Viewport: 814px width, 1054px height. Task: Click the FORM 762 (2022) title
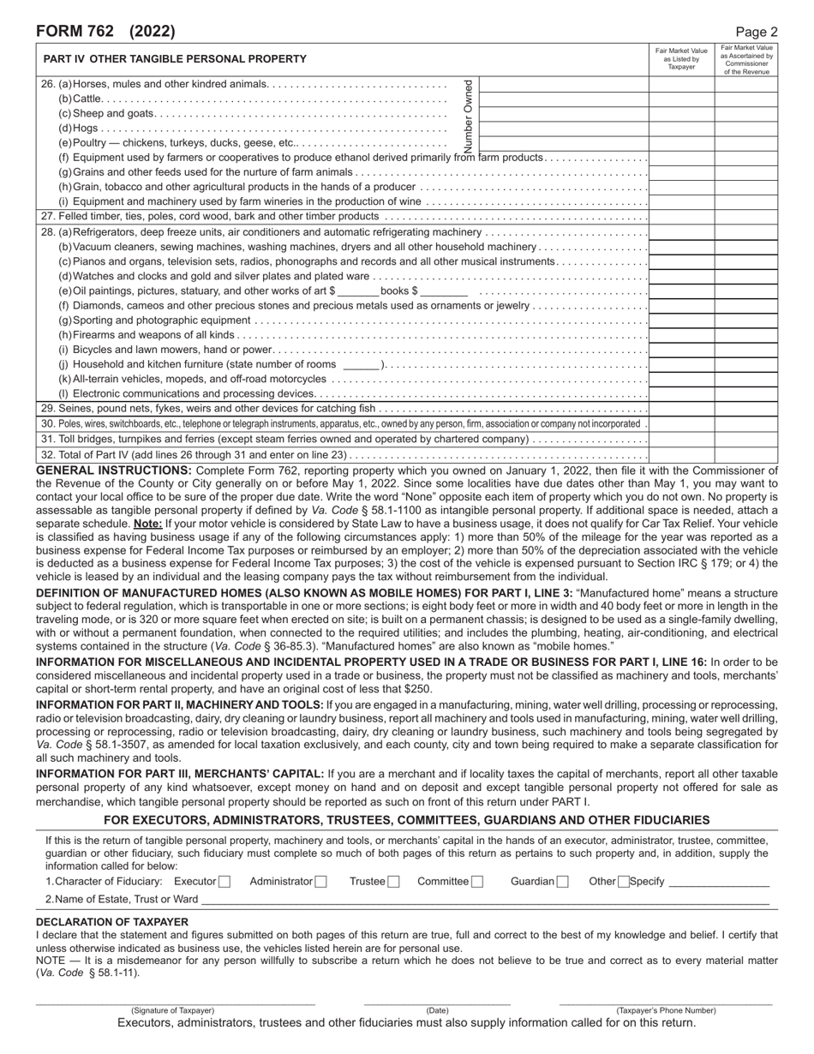click(105, 32)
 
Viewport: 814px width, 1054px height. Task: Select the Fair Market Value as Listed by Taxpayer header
click(681, 59)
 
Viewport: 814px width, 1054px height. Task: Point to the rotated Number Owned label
click(468, 115)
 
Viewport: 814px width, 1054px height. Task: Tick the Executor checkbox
click(224, 881)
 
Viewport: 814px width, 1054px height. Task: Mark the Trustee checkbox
click(393, 881)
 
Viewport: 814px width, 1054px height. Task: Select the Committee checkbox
click(477, 881)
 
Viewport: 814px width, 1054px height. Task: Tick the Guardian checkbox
click(563, 881)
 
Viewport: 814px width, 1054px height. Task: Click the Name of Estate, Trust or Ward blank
click(484, 899)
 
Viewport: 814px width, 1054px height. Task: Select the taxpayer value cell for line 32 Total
click(681, 455)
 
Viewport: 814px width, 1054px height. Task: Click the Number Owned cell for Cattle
click(564, 99)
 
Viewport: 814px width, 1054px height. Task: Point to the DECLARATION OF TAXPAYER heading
click(112, 921)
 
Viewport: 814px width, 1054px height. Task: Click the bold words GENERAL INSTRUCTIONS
click(114, 470)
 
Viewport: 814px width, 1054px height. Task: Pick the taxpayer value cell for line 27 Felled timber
click(681, 217)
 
